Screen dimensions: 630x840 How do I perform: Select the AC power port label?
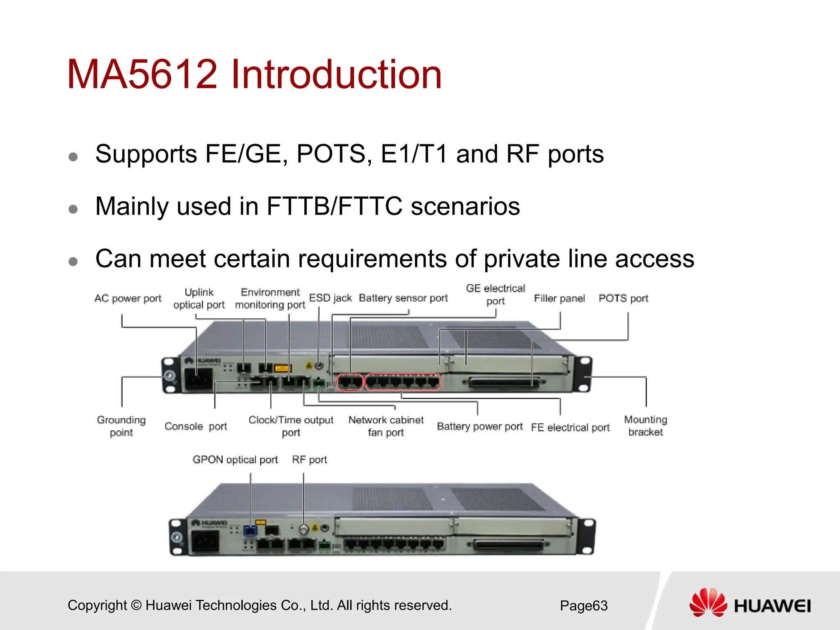coord(128,299)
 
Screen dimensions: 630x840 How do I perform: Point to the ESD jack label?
coord(330,298)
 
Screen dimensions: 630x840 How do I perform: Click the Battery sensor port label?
coord(403,298)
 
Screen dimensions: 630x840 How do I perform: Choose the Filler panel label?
coord(559,299)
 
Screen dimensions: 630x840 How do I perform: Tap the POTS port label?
coord(623,299)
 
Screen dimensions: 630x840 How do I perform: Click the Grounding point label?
coord(121,426)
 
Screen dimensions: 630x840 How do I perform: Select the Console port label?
coord(196,427)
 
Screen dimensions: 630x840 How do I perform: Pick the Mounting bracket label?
coord(646,426)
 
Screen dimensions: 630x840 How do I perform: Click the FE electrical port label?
coord(570,427)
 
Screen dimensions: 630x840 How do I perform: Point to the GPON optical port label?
coord(235,460)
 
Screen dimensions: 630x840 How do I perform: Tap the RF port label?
coord(309,460)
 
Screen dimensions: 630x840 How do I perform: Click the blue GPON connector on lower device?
coord(250,531)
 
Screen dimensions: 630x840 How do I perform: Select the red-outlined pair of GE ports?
coord(350,382)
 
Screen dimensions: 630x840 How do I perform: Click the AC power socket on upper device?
coord(199,379)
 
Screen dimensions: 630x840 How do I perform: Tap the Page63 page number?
coord(584,605)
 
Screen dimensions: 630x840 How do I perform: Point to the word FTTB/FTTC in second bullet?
coord(334,206)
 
